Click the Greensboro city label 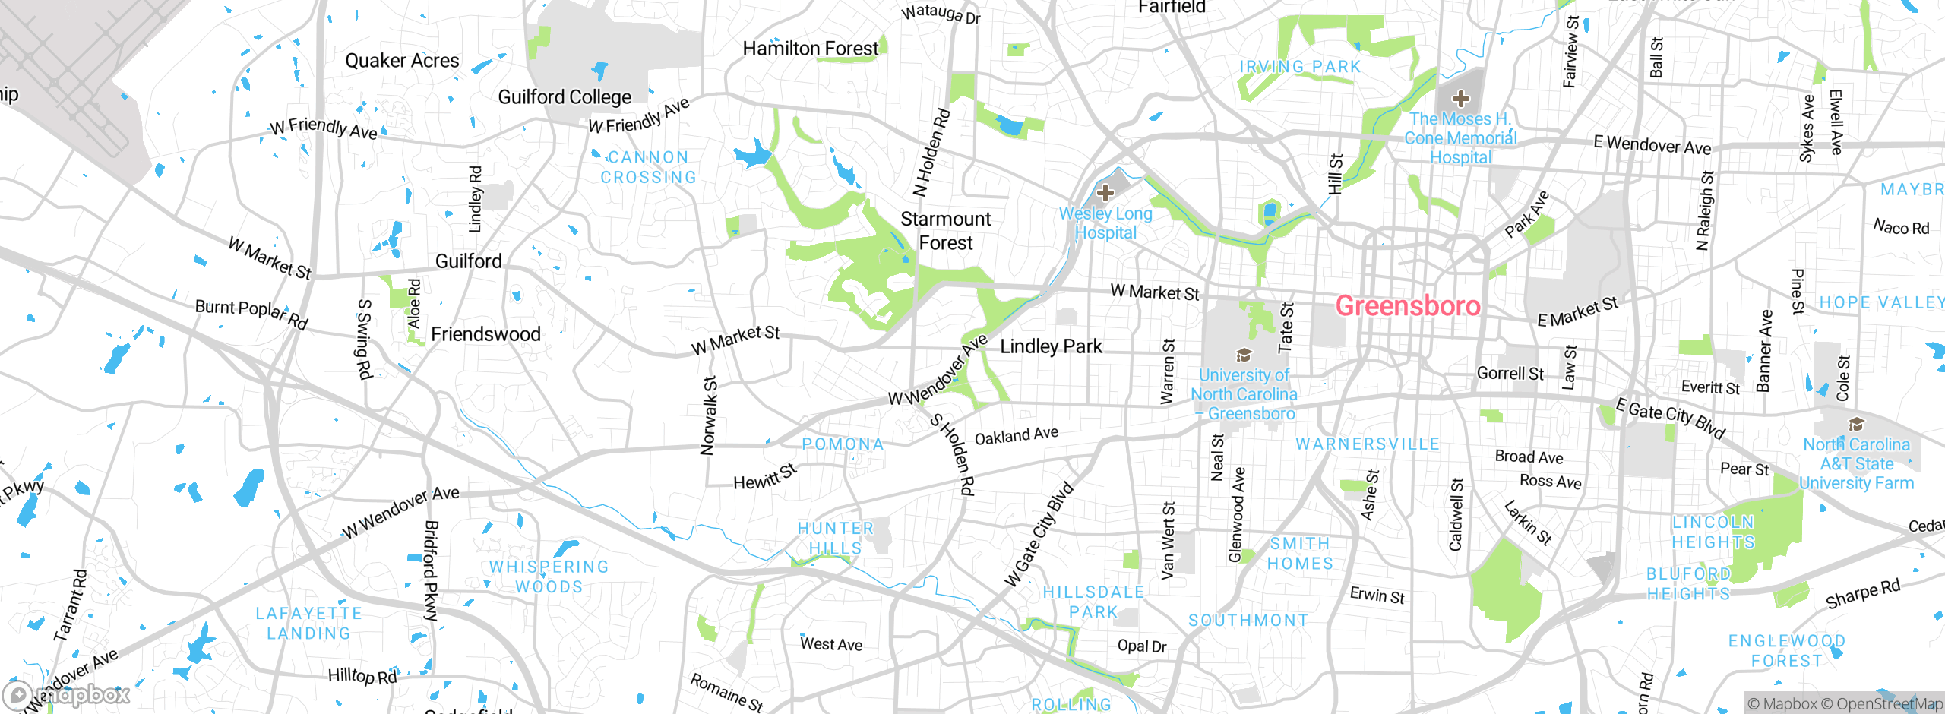click(1408, 306)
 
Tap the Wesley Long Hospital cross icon click(1105, 192)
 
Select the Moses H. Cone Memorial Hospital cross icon click(1460, 98)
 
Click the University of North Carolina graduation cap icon click(1244, 355)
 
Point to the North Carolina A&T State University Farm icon click(1856, 424)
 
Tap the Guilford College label click(565, 97)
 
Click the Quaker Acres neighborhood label click(402, 61)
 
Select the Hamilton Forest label click(810, 49)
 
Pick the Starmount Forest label click(946, 231)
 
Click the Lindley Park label click(1051, 346)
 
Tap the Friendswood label click(485, 334)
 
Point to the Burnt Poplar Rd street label click(251, 314)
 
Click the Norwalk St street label click(709, 415)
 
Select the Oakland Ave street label click(1016, 436)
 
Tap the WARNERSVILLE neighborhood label click(1368, 444)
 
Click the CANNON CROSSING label click(648, 167)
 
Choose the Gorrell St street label click(1510, 374)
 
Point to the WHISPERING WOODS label click(549, 577)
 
